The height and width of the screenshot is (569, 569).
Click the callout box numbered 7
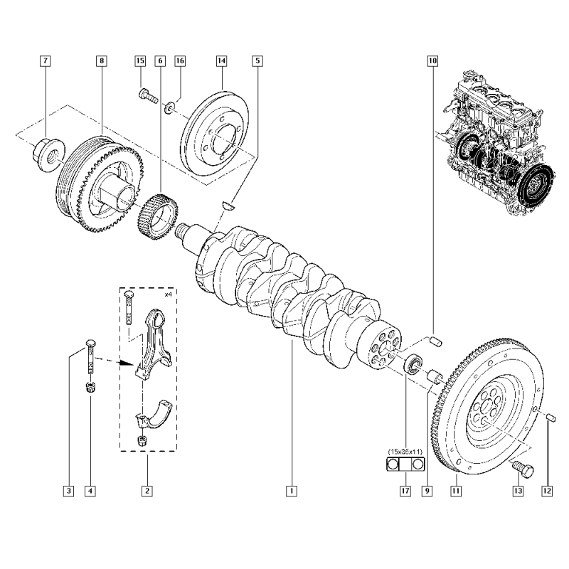pos(45,62)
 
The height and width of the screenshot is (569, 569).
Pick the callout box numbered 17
pos(405,490)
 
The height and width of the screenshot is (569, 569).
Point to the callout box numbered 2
pos(147,490)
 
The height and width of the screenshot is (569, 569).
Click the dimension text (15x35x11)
pos(406,452)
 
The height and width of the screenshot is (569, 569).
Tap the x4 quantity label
pos(168,294)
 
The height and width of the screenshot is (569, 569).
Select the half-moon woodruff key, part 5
pos(228,206)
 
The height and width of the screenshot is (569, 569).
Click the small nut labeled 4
pos(90,388)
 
